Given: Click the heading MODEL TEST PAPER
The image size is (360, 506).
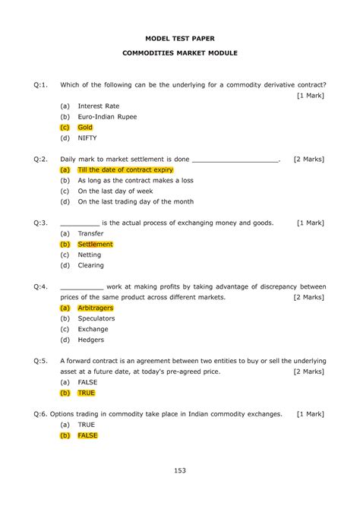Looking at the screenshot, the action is click(x=180, y=36).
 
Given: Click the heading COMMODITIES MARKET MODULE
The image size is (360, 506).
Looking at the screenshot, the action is click(x=180, y=54).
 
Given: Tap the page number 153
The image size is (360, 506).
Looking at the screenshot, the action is click(x=180, y=471).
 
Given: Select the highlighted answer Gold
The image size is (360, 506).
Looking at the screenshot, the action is click(x=85, y=128).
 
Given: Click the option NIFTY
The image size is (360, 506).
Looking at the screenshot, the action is click(x=87, y=138).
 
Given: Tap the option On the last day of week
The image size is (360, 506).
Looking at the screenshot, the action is click(x=115, y=191).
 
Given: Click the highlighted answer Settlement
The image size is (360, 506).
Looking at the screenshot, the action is click(x=95, y=245).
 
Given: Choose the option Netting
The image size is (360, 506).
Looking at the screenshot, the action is click(x=90, y=255).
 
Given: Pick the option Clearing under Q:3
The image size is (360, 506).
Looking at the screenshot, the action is click(x=91, y=266).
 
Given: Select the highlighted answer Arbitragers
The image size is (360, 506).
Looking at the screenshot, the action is click(x=96, y=308).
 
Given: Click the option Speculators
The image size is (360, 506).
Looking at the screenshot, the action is click(x=97, y=319).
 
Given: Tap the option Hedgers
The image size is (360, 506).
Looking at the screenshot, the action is click(x=92, y=340).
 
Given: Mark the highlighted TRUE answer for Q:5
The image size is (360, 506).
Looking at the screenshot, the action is click(x=87, y=394).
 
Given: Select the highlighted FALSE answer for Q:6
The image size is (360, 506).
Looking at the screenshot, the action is click(x=88, y=436).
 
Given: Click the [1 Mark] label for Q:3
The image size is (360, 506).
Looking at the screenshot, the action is click(x=311, y=223).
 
